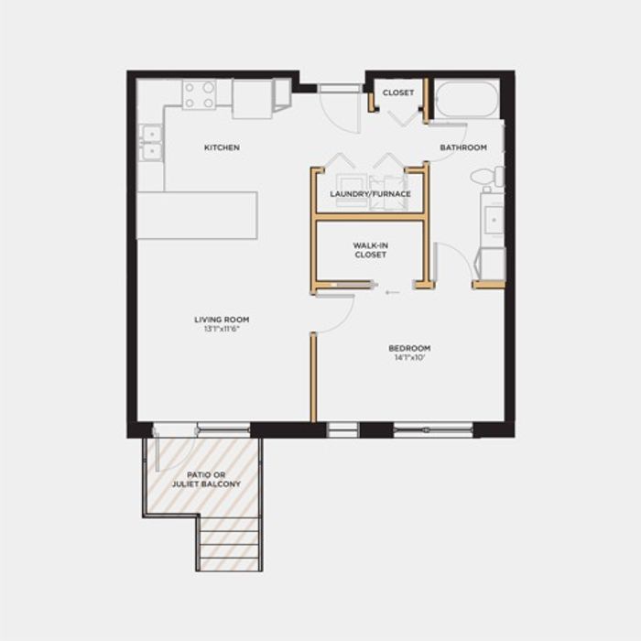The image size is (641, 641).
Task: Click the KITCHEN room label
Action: [x=222, y=147]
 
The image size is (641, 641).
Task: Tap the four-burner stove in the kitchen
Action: [x=199, y=94]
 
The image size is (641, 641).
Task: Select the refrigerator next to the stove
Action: [x=252, y=99]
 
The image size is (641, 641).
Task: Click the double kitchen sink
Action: [x=151, y=142]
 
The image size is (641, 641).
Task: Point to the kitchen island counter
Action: [x=197, y=215]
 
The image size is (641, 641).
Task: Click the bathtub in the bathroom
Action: [x=467, y=99]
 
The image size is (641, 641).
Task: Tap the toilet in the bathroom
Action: [x=488, y=177]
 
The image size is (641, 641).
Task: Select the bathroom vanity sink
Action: [x=494, y=220]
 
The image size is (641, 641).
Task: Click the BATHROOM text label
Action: [x=463, y=147]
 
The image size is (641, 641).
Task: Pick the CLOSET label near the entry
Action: [x=398, y=92]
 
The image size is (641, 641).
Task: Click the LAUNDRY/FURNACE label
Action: [x=370, y=194]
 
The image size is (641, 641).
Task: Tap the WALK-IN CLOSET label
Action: [x=370, y=250]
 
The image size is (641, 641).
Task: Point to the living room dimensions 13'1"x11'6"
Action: [x=222, y=328]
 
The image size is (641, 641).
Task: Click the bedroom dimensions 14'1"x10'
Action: [x=409, y=357]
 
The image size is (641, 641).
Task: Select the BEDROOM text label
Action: [x=409, y=348]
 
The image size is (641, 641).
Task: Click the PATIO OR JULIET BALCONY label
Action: [x=206, y=480]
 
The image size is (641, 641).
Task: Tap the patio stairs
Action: [x=229, y=544]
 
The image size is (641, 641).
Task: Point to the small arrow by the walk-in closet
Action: [x=392, y=292]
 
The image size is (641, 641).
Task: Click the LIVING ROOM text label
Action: [x=222, y=320]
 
